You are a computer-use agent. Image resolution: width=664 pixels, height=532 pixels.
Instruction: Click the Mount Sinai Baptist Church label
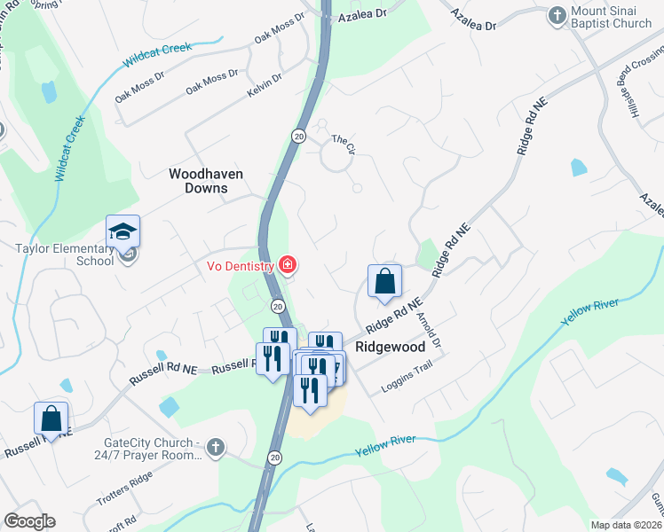(x=611, y=17)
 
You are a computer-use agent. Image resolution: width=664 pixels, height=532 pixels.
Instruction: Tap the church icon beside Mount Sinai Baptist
(x=557, y=16)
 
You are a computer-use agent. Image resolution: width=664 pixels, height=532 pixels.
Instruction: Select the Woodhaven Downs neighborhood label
(x=206, y=181)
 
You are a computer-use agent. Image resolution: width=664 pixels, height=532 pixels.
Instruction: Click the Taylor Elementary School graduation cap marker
(x=123, y=232)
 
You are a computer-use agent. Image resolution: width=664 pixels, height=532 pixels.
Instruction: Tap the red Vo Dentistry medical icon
(x=287, y=264)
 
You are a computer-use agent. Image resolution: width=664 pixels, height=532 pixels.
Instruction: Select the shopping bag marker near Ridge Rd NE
(x=385, y=282)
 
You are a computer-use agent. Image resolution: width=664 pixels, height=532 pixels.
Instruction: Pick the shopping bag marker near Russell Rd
(x=51, y=419)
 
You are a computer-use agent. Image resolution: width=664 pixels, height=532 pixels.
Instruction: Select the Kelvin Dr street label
(x=265, y=84)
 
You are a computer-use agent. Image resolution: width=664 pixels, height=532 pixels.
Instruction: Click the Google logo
(x=29, y=521)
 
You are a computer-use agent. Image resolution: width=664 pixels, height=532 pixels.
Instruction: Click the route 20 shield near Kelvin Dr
(x=298, y=135)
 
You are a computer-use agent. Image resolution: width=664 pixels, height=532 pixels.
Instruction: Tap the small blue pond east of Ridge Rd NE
(x=579, y=167)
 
